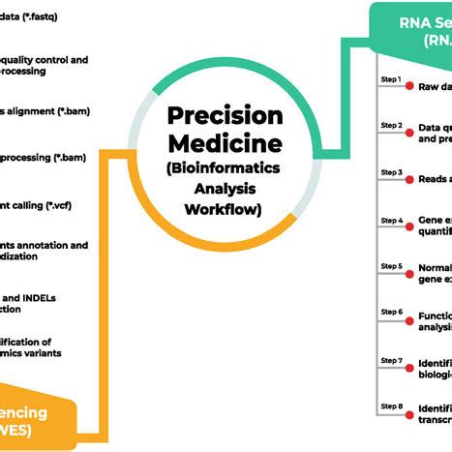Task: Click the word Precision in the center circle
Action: click(226, 115)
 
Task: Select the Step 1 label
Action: click(390, 79)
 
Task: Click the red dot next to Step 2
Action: click(409, 128)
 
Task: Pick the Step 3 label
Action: click(390, 173)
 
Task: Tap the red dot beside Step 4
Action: click(409, 222)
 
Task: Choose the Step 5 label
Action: click(390, 266)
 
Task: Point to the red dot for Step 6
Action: click(409, 316)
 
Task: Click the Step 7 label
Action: click(390, 360)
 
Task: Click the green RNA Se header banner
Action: click(411, 28)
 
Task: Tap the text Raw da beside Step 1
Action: click(434, 86)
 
